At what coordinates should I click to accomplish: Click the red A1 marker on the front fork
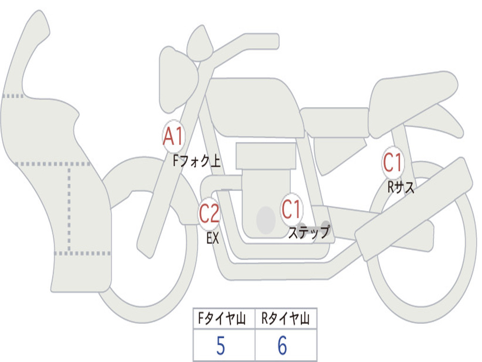coord(173,136)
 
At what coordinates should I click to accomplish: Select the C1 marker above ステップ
coord(291,209)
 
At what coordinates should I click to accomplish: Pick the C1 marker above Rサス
coord(393,162)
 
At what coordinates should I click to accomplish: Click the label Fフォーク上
coord(197,161)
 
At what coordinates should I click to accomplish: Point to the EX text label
coord(213,238)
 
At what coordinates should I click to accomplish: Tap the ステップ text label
coord(309,232)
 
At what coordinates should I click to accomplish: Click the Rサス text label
coord(401,187)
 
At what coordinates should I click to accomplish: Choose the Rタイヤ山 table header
coord(286,318)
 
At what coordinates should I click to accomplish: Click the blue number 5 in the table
coord(221,346)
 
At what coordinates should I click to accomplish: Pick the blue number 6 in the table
coord(282,346)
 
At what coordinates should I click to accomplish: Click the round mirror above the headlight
coord(200,43)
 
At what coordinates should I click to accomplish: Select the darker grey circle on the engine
coord(266,220)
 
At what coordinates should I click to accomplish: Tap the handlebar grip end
coord(273,41)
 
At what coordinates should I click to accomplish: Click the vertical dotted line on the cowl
coord(69,209)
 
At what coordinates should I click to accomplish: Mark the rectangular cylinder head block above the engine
coord(266,156)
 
